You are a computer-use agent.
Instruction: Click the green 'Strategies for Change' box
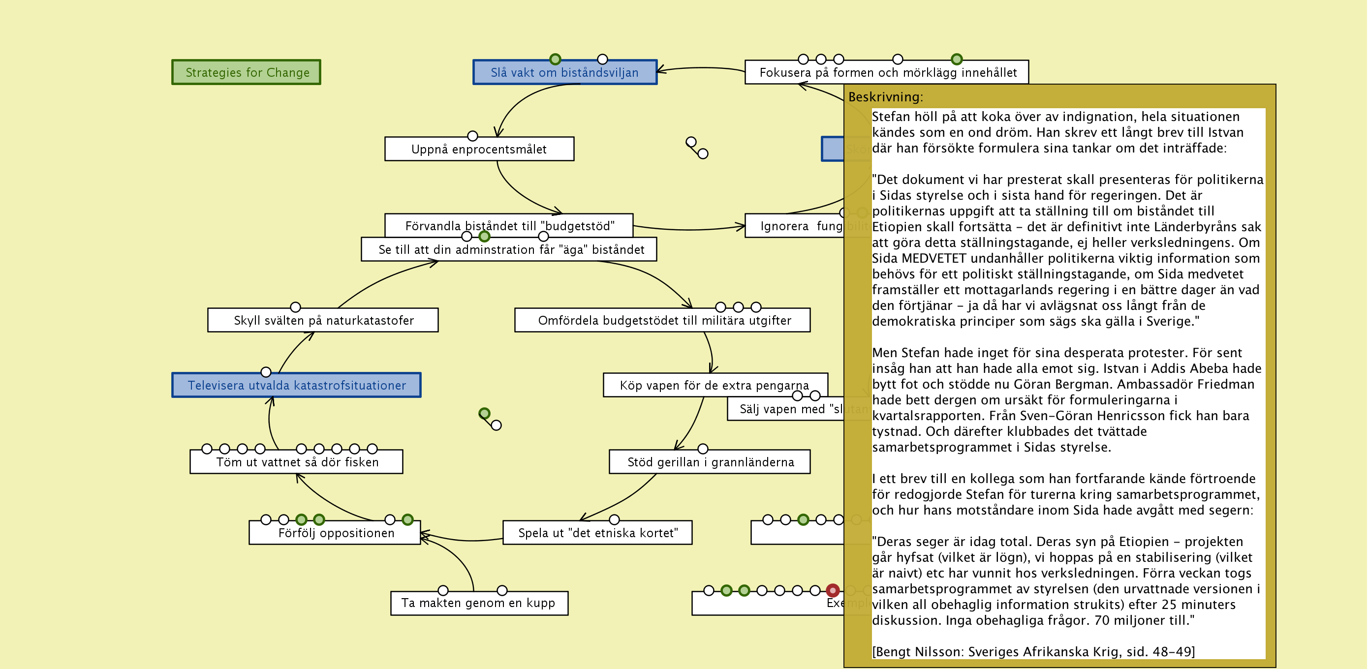(247, 72)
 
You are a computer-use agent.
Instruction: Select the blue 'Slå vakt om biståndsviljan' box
(564, 72)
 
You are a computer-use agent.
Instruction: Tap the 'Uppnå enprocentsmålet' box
(478, 149)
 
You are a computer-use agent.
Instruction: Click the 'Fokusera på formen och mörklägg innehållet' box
(887, 72)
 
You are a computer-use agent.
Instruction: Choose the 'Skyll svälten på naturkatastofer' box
(323, 320)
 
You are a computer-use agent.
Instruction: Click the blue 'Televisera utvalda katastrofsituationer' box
(296, 386)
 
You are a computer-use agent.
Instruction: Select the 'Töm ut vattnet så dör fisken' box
(296, 462)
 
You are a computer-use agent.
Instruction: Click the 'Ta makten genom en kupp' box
(478, 603)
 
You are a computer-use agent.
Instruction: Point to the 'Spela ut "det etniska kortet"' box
(597, 533)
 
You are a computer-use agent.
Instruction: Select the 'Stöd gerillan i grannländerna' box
(710, 462)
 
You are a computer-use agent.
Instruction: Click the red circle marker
(832, 590)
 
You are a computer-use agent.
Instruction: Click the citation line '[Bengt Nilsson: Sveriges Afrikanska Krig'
(1032, 651)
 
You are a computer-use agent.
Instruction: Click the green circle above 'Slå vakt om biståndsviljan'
(555, 59)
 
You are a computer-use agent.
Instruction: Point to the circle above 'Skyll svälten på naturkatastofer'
(295, 307)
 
